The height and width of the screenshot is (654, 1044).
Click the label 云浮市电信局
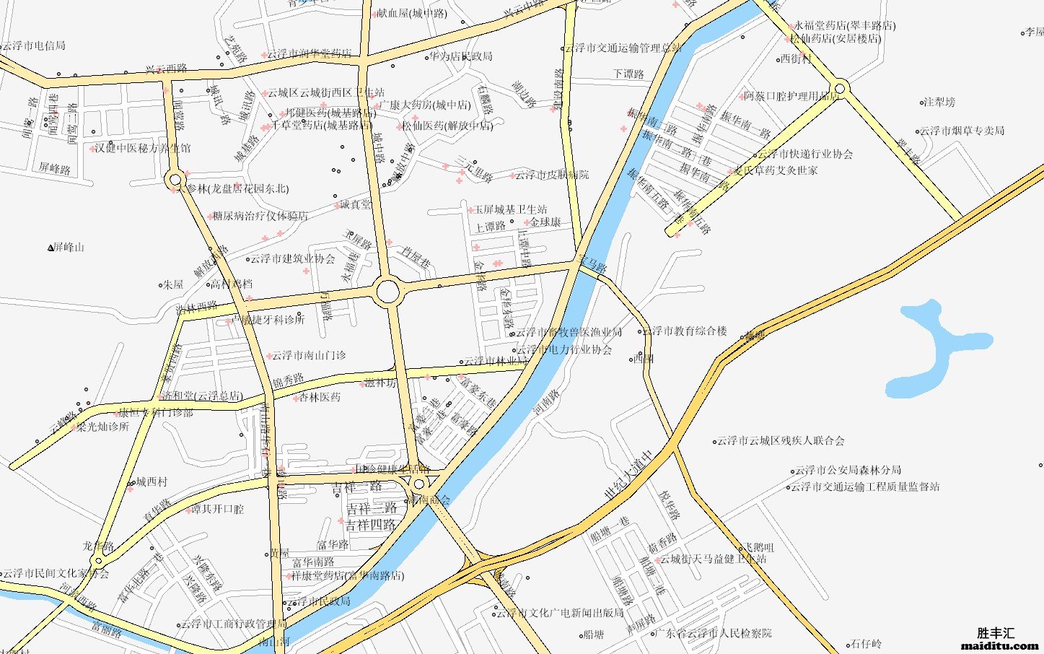point(33,45)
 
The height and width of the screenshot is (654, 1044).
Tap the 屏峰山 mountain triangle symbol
point(51,248)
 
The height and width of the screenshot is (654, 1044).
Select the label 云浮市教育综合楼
point(685,331)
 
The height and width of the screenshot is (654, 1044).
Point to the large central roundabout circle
point(387,292)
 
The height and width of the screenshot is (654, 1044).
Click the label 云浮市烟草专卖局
point(962,131)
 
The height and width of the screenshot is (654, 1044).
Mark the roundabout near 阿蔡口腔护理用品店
point(841,89)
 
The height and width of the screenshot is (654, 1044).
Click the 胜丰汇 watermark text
point(995,633)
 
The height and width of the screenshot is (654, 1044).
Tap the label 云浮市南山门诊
point(308,355)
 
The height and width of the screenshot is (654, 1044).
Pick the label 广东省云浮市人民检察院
point(714,633)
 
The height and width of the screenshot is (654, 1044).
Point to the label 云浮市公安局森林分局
point(848,470)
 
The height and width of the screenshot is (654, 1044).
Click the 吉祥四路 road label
point(371,525)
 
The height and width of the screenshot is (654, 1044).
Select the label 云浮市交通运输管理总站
point(624,48)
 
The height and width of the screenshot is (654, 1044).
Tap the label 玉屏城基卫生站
point(510,209)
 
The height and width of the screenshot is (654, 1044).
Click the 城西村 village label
point(152,481)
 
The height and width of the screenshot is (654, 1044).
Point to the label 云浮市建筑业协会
point(292,258)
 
